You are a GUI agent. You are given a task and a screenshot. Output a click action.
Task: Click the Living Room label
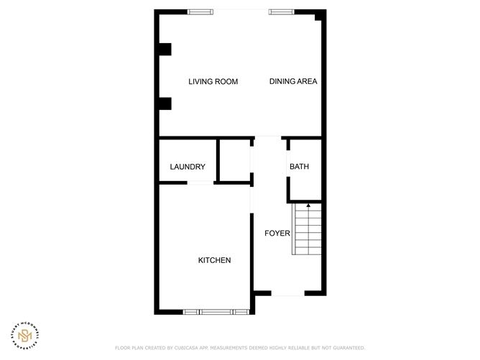[x=213, y=82]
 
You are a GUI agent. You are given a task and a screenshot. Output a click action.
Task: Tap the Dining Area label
[x=293, y=82]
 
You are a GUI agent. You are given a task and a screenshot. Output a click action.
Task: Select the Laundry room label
[x=188, y=167]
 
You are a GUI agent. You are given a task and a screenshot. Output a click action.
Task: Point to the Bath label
[x=299, y=167]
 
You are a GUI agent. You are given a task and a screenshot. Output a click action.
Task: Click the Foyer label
[x=277, y=233]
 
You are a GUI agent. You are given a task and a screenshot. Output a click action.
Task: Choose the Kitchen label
[x=214, y=260]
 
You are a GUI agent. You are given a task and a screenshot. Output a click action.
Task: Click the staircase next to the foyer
[x=306, y=229]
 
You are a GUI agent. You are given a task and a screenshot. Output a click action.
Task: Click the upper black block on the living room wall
[x=165, y=50]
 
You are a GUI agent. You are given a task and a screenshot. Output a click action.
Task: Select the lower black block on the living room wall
[x=165, y=103]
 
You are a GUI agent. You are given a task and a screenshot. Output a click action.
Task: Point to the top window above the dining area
[x=281, y=11]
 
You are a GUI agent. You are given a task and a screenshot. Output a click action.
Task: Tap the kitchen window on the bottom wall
[x=216, y=312]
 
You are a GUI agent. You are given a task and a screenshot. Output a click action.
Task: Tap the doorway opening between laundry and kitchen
[x=200, y=183]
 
